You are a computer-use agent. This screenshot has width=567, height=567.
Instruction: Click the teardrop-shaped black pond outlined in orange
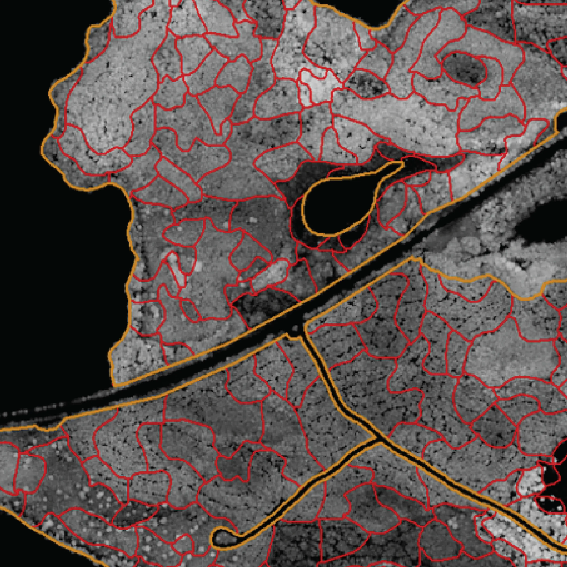click(335, 205)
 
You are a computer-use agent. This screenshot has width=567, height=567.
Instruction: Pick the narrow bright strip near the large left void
click(176, 267)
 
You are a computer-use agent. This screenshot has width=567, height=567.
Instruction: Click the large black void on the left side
click(59, 264)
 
